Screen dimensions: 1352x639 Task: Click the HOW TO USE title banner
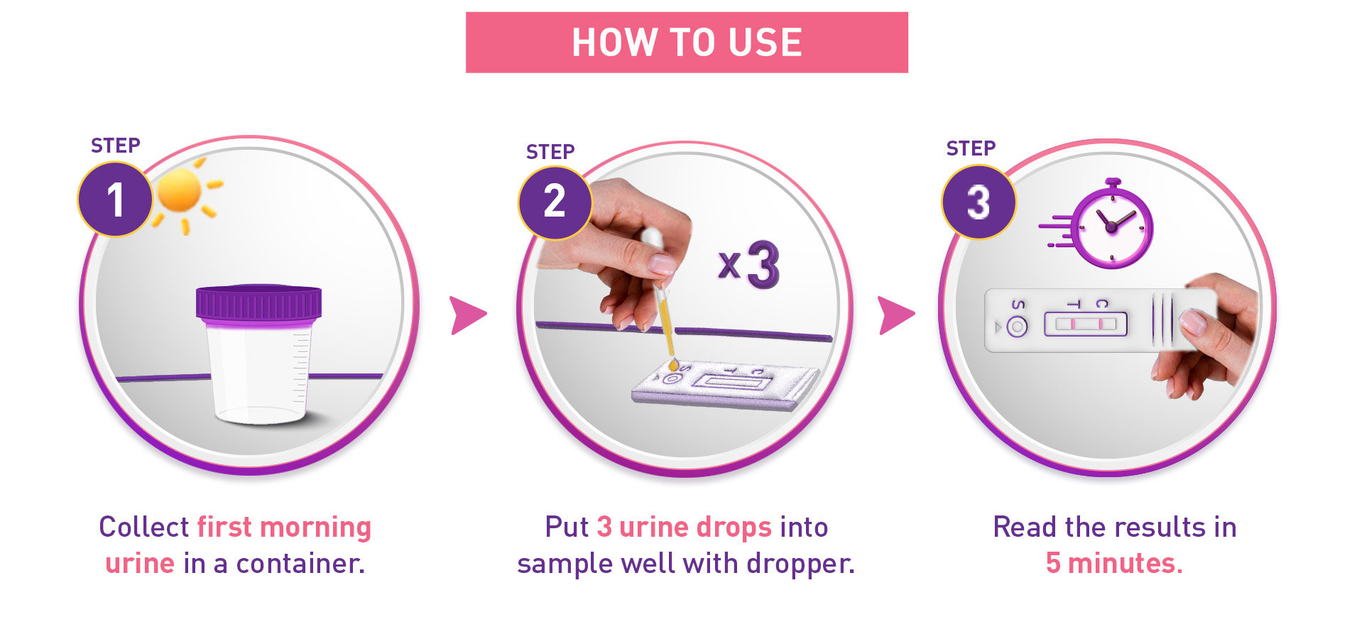coord(687,42)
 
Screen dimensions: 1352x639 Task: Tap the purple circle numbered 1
coord(115,199)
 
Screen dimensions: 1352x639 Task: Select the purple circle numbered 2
coord(555,202)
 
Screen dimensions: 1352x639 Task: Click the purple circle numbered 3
coord(978,202)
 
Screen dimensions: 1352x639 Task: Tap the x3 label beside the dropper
coord(749,265)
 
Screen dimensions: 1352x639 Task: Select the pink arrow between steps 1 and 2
coord(468,315)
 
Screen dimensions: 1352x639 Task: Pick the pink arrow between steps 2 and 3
coord(896,315)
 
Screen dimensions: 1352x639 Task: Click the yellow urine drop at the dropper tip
coord(673,365)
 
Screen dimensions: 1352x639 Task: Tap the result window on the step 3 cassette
coord(1086,324)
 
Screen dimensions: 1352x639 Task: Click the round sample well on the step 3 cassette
coord(1017,327)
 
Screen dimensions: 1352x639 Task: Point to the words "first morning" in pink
coord(284,527)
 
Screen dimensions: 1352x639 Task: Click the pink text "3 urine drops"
coord(684,527)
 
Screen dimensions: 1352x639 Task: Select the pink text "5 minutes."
coord(1114,563)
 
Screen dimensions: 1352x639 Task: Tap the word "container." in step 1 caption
coord(300,563)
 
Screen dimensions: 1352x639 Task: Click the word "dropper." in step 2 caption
coord(800,564)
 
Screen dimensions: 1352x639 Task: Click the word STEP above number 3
coord(971,148)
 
